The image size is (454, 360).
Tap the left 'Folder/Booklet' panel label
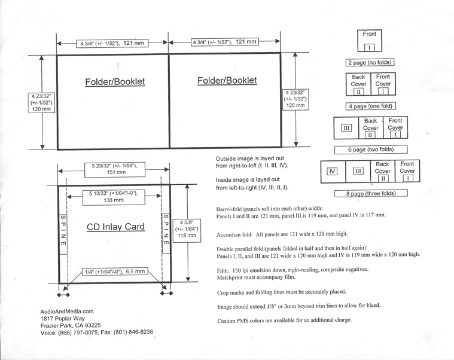(x=115, y=81)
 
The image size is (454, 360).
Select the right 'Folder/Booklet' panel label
(x=227, y=80)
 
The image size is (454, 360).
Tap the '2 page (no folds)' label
(x=370, y=62)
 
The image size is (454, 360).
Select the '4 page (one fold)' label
(x=371, y=106)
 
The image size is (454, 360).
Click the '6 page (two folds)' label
(x=370, y=149)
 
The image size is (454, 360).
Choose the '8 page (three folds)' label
(x=370, y=193)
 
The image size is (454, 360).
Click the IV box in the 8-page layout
(x=332, y=172)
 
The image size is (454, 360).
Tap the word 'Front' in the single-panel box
(x=370, y=34)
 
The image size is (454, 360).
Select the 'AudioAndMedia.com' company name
(x=67, y=311)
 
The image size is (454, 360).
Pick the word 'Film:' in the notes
(x=224, y=270)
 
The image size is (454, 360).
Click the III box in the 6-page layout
(x=346, y=127)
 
